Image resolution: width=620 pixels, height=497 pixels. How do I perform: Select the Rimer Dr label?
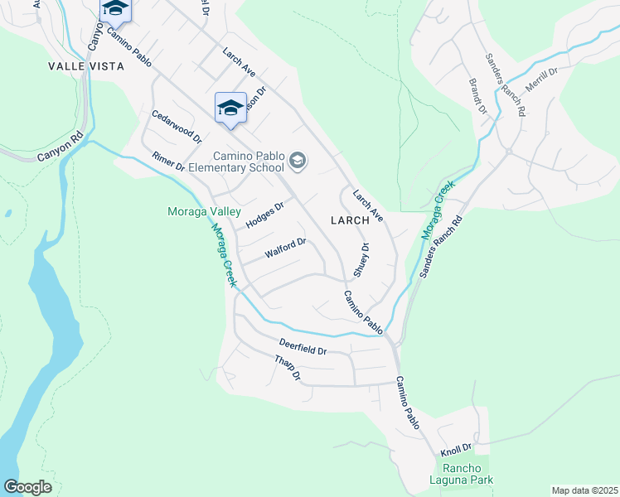(x=168, y=162)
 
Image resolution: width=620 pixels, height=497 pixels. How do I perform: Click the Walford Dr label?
(x=286, y=248)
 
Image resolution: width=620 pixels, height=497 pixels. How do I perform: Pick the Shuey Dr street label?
(x=361, y=259)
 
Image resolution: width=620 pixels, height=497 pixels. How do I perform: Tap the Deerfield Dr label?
(x=303, y=346)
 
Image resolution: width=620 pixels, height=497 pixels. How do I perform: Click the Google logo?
(x=27, y=487)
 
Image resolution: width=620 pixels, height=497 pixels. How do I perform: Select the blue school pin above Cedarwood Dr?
(x=230, y=107)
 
